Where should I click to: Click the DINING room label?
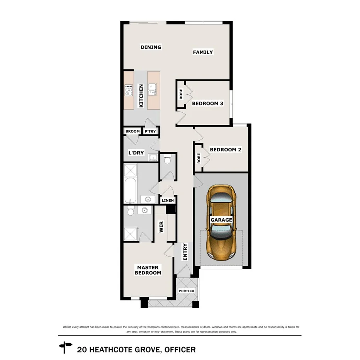click(x=151, y=47)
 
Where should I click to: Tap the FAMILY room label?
click(x=203, y=52)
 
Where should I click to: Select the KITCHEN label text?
click(x=141, y=96)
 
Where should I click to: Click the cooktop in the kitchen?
click(x=129, y=90)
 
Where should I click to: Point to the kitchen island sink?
click(x=153, y=89)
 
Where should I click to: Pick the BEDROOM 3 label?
click(x=207, y=104)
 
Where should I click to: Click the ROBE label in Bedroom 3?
click(x=181, y=95)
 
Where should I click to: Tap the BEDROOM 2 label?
click(x=225, y=149)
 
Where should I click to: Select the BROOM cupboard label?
click(x=132, y=131)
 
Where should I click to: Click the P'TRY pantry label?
click(x=150, y=131)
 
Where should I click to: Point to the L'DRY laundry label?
click(x=136, y=153)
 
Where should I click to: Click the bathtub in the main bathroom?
click(x=131, y=190)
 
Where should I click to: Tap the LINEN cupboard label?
click(x=168, y=200)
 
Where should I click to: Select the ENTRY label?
click(x=185, y=251)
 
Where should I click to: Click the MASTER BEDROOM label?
click(x=148, y=270)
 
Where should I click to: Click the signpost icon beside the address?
click(x=65, y=347)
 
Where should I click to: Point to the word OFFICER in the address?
click(x=180, y=350)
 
